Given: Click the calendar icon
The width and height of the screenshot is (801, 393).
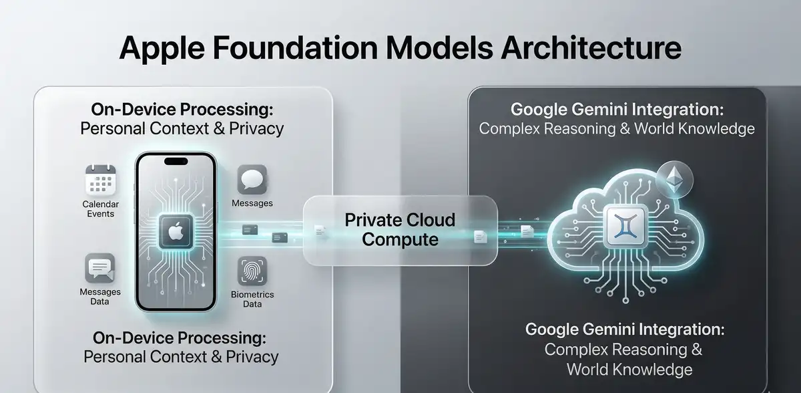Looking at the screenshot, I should pos(100,180).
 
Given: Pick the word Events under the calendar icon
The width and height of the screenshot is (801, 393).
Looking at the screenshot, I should pos(100,214).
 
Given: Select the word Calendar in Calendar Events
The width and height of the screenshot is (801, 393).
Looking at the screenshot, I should pos(100,204).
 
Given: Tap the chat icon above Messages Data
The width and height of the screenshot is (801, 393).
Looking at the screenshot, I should pos(100,268).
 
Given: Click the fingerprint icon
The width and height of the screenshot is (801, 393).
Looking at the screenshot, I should pos(252,272).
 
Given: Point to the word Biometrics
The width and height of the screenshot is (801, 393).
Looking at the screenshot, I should pos(252,295).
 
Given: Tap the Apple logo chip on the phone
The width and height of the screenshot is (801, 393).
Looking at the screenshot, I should pos(175,232).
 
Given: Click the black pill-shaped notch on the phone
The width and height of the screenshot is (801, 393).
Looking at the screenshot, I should pos(176,161).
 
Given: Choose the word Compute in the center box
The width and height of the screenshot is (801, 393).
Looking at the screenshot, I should pos(400,239).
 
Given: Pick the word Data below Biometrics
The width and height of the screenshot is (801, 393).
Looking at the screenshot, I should pos(252,304).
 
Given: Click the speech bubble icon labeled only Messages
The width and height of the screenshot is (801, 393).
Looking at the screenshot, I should pos(252,180).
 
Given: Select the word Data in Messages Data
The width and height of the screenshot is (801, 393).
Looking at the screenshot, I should pos(100,301).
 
